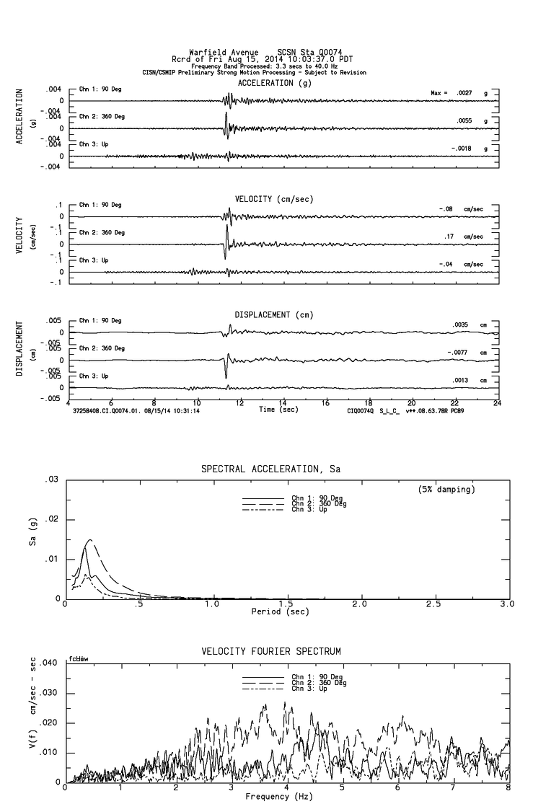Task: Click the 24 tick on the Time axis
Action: pos(497,404)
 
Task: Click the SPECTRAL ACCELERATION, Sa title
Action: pos(270,469)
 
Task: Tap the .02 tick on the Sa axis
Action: pos(53,519)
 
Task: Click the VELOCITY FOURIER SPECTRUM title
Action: pos(271,652)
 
